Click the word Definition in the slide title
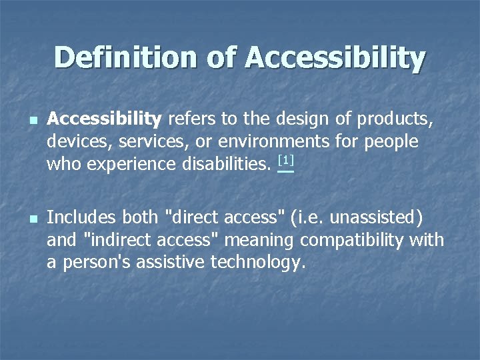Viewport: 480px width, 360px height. [x=125, y=58]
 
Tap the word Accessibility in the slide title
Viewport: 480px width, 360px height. [x=335, y=58]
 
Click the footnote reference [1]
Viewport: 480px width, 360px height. [x=285, y=161]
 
